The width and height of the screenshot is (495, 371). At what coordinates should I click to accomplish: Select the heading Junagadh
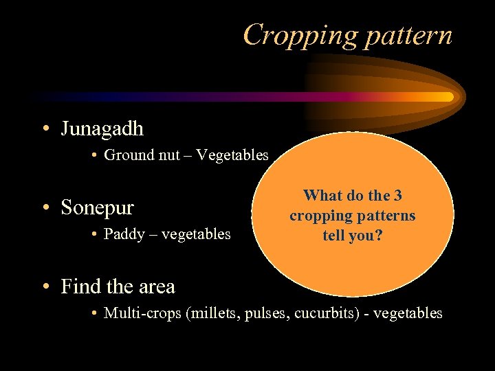point(102,128)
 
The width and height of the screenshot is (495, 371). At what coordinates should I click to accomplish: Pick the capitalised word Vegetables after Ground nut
point(232,155)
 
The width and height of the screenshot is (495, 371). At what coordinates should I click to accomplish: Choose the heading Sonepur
point(97,207)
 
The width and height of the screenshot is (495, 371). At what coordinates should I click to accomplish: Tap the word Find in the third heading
point(80,286)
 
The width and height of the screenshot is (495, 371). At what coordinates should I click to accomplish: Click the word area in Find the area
point(154,286)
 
